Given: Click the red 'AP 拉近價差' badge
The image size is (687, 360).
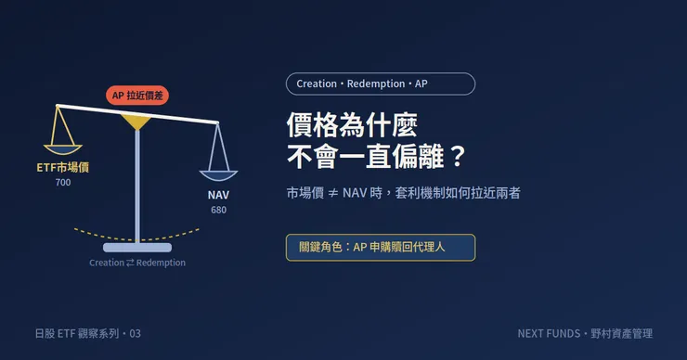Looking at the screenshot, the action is pyautogui.click(x=137, y=95).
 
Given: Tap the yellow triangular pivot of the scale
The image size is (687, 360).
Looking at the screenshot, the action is pyautogui.click(x=136, y=121).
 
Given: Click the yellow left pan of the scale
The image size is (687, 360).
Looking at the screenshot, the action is pyautogui.click(x=62, y=149).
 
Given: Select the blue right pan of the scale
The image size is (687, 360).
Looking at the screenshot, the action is pyautogui.click(x=218, y=175).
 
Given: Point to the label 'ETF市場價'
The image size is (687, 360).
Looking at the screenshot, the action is pyautogui.click(x=62, y=167).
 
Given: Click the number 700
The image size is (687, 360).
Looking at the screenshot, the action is pyautogui.click(x=63, y=183).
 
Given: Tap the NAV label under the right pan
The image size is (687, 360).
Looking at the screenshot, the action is pyautogui.click(x=218, y=195).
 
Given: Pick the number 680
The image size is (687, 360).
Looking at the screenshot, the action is pyautogui.click(x=218, y=210).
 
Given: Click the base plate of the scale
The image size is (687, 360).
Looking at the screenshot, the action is pyautogui.click(x=137, y=248).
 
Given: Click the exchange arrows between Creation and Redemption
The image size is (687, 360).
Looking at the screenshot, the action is pyautogui.click(x=130, y=263).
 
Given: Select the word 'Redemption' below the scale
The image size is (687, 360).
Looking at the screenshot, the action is pyautogui.click(x=161, y=263).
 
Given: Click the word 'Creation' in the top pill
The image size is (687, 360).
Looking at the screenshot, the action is pyautogui.click(x=317, y=84).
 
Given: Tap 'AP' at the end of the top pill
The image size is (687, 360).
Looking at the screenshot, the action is pyautogui.click(x=421, y=84).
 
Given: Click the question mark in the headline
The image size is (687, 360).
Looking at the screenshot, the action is pyautogui.click(x=458, y=156).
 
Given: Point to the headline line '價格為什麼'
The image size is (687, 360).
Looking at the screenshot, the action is pyautogui.click(x=352, y=125).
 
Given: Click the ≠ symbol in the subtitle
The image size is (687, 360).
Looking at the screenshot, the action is pyautogui.click(x=333, y=193).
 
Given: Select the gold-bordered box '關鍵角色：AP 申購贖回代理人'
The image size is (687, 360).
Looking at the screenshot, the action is pyautogui.click(x=381, y=248).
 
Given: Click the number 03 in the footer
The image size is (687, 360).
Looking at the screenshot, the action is pyautogui.click(x=135, y=334).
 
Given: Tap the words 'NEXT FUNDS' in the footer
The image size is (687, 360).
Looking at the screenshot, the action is pyautogui.click(x=549, y=334).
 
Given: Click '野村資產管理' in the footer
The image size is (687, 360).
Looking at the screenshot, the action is pyautogui.click(x=622, y=334).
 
